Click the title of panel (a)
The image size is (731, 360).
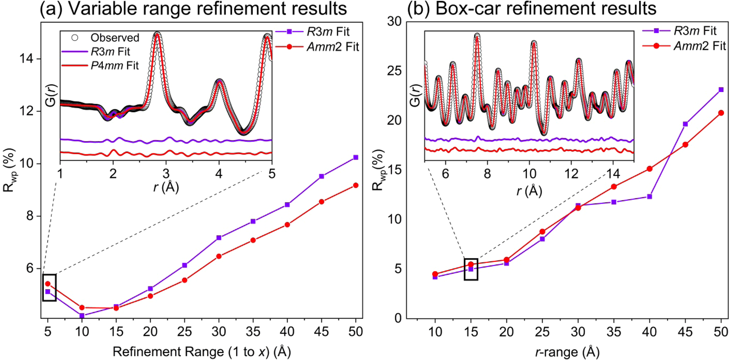193,8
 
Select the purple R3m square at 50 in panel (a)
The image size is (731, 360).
355,157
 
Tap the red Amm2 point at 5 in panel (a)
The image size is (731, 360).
48,284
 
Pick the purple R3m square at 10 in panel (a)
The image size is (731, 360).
82,315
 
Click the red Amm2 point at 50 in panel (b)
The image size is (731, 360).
721,113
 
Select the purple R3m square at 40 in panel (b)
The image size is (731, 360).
649,197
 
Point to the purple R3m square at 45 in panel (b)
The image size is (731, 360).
685,124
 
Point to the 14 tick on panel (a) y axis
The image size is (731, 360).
29,59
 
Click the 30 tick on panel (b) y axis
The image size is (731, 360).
394,21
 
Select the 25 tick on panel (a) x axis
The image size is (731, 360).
184,331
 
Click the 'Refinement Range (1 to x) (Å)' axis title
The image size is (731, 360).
201,352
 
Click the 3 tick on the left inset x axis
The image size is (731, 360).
166,173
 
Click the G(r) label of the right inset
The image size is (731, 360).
415,95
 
